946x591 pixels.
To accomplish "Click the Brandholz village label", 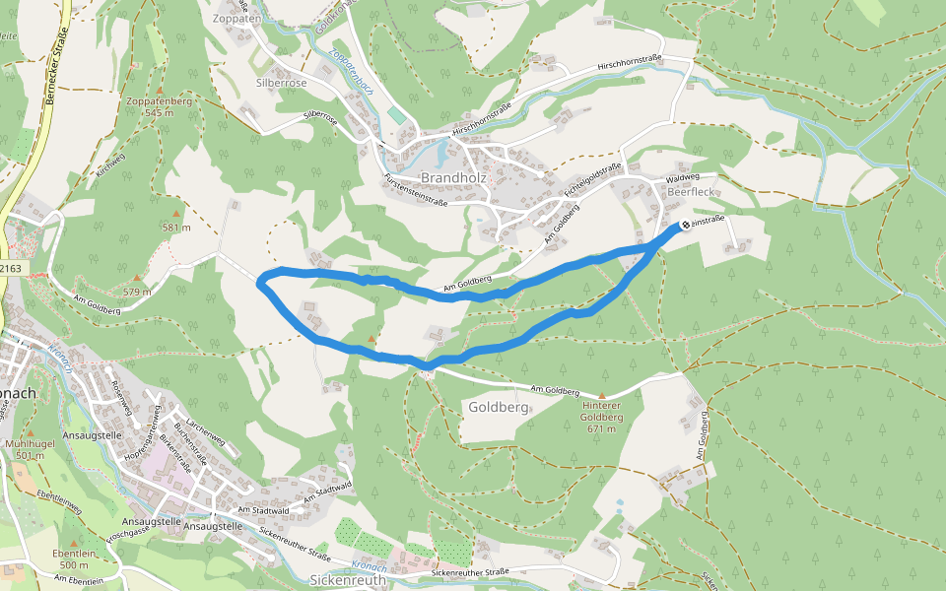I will point(454,177).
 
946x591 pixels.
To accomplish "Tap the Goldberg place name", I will point(499,406).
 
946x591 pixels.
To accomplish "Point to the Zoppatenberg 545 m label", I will point(158,106).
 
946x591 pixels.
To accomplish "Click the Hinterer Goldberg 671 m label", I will point(602,411).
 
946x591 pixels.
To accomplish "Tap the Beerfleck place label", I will point(687,193).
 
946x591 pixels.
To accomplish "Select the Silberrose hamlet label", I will point(282,84).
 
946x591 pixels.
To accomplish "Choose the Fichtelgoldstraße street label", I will point(595,178).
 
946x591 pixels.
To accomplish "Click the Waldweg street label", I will point(682,177).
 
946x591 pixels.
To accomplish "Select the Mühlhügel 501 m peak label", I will point(32,449).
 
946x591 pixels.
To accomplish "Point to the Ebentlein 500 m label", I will point(74,558).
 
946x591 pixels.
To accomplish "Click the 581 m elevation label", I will point(175,228).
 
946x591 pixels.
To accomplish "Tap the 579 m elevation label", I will point(136,291).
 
